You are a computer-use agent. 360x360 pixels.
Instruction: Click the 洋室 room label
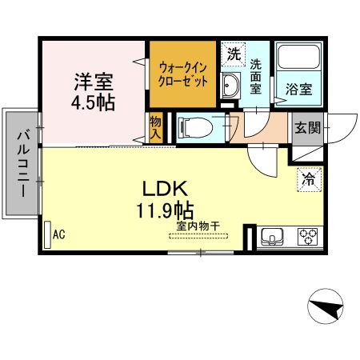(x=94, y=82)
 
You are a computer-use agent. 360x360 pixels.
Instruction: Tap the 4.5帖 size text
(x=94, y=104)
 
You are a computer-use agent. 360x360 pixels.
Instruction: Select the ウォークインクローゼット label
(x=183, y=75)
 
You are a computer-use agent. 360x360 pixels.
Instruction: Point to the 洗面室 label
(x=256, y=76)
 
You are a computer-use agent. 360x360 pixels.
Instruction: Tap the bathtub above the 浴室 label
(x=298, y=61)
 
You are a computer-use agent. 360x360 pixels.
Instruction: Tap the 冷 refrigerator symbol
(x=307, y=180)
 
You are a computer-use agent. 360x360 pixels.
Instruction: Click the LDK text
(x=165, y=190)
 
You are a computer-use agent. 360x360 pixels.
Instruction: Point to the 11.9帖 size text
(x=165, y=211)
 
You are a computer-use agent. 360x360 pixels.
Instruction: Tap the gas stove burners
(x=307, y=236)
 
